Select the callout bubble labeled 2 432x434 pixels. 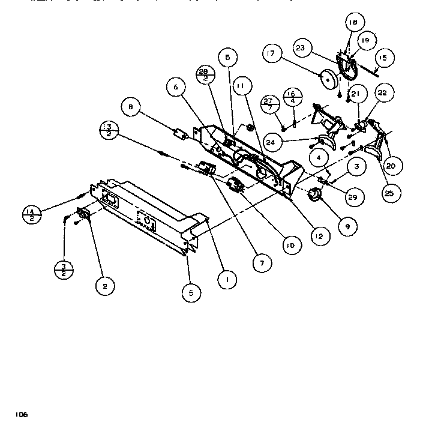click(x=104, y=286)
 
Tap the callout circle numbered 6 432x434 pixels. click(x=176, y=87)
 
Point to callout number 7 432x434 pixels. click(x=261, y=262)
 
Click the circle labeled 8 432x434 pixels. click(x=130, y=107)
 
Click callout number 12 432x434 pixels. click(x=319, y=237)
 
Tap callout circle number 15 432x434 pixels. click(x=382, y=58)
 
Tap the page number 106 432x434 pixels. click(x=22, y=414)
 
